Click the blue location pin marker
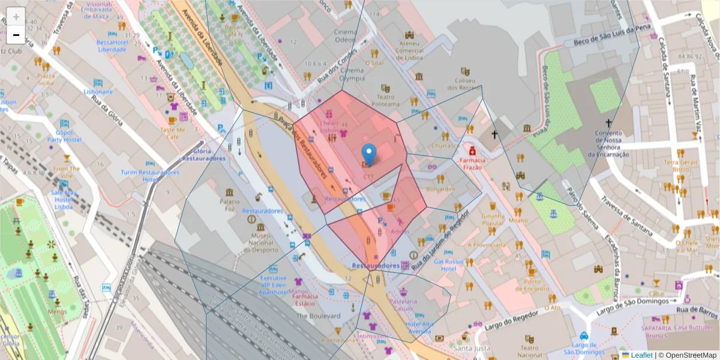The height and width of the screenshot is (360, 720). coord(369,154)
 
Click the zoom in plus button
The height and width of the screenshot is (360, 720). coord(16,17)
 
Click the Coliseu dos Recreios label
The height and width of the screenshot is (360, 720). coord(469,84)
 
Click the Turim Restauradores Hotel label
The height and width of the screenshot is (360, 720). coord(149,176)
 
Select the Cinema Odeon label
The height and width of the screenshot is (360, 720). coord(345,35)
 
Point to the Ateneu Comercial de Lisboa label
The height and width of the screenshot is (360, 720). coord(409,50)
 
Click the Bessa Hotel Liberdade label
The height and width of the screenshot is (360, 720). coord(112,46)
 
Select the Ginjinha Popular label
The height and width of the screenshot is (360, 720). coord(493,219)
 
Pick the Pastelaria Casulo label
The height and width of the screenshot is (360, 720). coord(402,304)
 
